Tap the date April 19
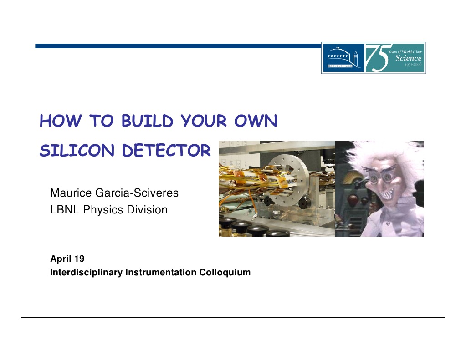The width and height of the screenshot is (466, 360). click(x=67, y=259)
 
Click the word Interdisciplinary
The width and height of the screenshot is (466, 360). click(x=86, y=273)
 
